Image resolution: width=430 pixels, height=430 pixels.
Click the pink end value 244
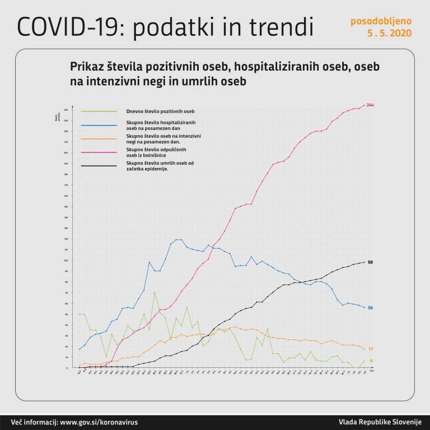[370, 105]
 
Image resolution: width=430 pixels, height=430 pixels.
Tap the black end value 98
[370, 262]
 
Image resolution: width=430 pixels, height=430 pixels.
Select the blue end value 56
[370, 308]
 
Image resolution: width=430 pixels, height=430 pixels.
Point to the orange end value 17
[370, 349]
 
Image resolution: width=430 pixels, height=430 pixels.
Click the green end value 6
[371, 361]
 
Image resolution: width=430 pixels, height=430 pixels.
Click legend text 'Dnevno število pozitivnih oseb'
[160, 112]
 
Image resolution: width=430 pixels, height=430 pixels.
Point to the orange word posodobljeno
[381, 21]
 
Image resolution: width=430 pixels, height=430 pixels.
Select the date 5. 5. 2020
[389, 33]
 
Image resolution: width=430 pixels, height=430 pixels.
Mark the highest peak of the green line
[155, 292]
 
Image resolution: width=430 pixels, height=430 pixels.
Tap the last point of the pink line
[364, 105]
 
